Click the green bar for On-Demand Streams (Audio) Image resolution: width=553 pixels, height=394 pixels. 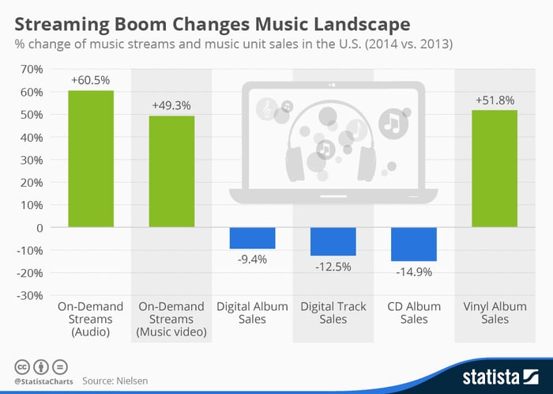click(91, 159)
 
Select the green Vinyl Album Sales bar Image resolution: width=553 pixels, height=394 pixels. click(495, 169)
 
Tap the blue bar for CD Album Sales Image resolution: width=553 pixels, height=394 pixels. click(414, 244)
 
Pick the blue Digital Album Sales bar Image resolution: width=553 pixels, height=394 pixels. click(253, 238)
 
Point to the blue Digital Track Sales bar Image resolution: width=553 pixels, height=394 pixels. click(333, 241)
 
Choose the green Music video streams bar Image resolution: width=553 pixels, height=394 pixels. click(171, 172)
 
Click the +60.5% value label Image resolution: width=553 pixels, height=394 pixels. click(91, 81)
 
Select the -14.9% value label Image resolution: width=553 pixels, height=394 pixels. click(414, 272)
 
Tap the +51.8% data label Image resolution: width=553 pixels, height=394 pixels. click(495, 100)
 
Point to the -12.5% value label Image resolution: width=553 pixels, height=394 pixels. click(333, 267)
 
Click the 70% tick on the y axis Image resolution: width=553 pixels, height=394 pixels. click(32, 69)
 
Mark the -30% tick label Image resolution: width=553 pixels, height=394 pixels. click(30, 296)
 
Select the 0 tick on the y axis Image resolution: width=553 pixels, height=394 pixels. click(39, 228)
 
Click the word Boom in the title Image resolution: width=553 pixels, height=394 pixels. click(141, 25)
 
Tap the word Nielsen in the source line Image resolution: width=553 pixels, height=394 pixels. click(132, 381)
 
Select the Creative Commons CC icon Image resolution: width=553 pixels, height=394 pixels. click(22, 367)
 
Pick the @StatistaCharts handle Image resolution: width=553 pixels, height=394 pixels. click(43, 381)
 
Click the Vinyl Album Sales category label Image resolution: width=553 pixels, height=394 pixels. click(495, 313)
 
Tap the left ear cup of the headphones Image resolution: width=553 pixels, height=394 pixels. click(295, 164)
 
